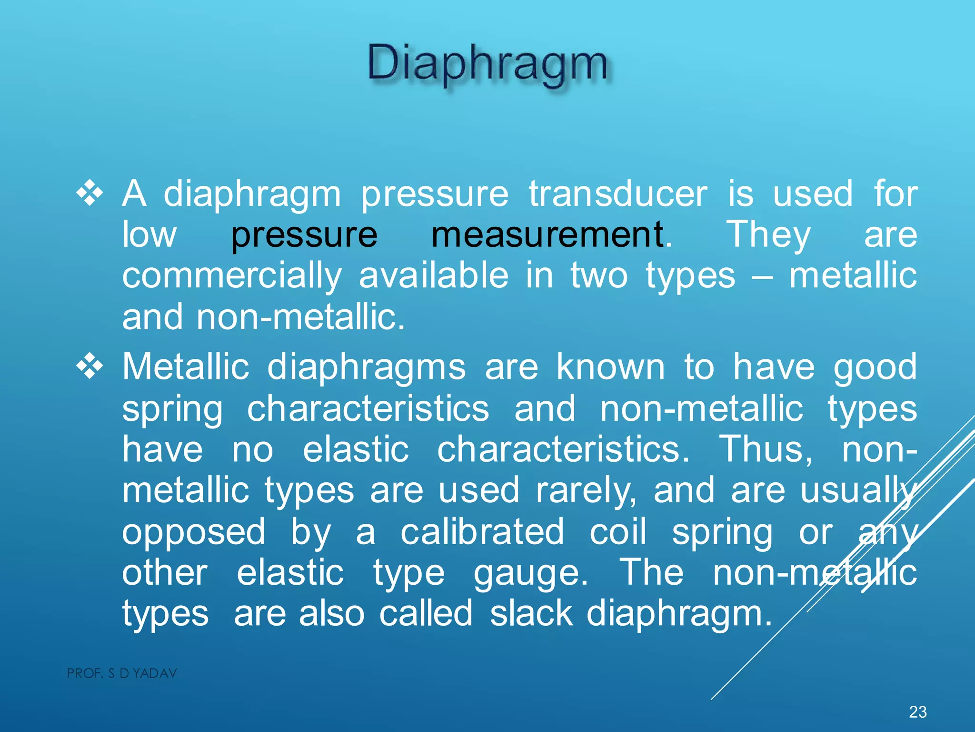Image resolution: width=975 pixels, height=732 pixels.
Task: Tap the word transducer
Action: point(618,194)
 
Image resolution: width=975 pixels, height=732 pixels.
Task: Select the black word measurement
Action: point(547,235)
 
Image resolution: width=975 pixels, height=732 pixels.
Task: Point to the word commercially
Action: point(232,276)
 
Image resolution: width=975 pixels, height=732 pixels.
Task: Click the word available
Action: point(433,275)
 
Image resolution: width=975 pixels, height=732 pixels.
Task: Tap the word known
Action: point(610,368)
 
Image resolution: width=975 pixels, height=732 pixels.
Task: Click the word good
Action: point(875,368)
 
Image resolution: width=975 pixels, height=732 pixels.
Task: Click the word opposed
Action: point(193,532)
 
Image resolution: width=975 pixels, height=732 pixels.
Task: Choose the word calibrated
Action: point(482,531)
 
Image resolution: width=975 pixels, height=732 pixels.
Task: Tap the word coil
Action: point(618,531)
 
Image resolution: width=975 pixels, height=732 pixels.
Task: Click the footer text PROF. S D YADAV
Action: point(122,673)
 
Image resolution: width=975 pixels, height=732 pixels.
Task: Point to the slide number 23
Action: point(917,712)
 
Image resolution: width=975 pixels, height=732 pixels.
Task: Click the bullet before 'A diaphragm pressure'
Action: point(90,194)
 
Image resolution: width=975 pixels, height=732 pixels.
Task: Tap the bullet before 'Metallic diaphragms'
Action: point(90,367)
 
